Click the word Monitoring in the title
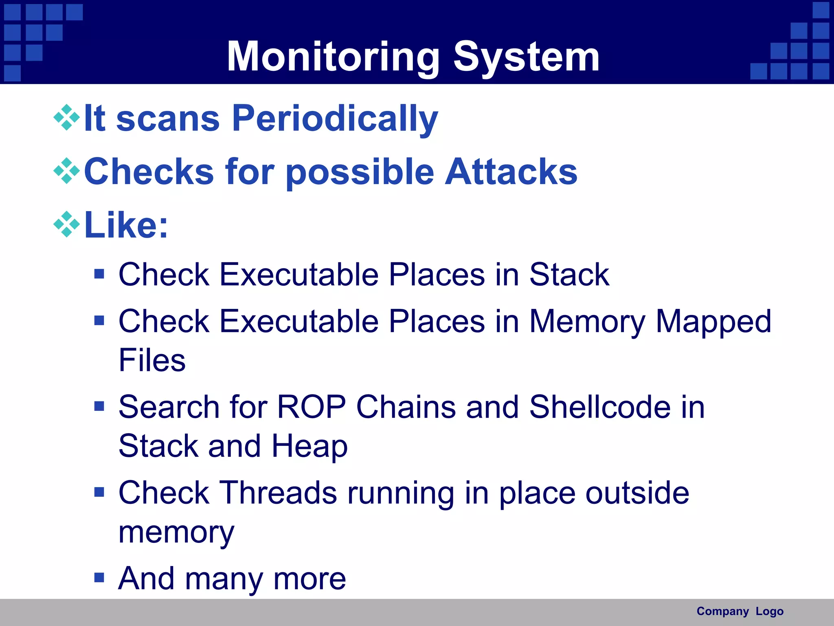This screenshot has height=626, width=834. point(333,57)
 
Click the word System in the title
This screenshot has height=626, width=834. point(526,57)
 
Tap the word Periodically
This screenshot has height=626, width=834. point(335,119)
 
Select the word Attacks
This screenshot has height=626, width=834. point(511,172)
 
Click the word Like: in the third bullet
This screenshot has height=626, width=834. point(126,225)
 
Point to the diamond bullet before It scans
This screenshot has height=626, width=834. point(66,118)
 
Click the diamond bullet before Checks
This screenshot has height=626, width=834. point(66,171)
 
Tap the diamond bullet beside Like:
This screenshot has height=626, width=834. point(66,225)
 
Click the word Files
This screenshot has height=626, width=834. point(152,360)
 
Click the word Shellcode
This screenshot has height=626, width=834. point(599,407)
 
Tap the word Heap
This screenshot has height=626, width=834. point(309,446)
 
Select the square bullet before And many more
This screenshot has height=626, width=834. point(99,578)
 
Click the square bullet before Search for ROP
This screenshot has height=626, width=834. point(99,406)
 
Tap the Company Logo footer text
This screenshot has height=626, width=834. point(740,611)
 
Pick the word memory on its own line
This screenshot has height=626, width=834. point(176,532)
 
